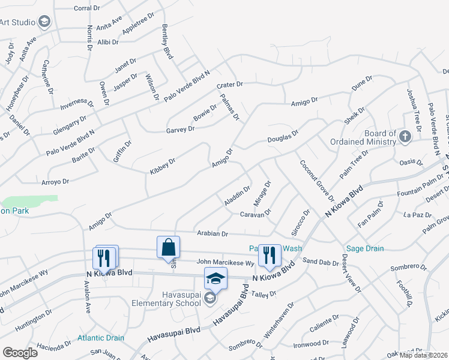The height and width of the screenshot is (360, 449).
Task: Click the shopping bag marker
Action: click(x=168, y=247)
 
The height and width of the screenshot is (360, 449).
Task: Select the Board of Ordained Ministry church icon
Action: click(x=405, y=136)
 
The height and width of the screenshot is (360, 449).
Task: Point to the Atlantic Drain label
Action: click(x=100, y=338)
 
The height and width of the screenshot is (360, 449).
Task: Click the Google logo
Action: click(x=20, y=353)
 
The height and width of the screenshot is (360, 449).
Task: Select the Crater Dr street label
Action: click(x=229, y=85)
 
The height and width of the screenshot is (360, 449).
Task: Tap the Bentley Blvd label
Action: click(x=167, y=41)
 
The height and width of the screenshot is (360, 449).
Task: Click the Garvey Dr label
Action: click(x=180, y=128)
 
